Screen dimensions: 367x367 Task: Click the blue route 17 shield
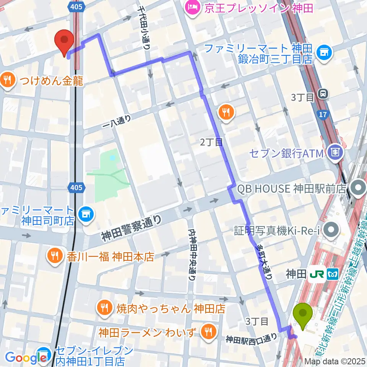(322, 114)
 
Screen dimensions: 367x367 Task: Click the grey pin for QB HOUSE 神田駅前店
(358, 188)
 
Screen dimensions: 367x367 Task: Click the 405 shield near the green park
(76, 187)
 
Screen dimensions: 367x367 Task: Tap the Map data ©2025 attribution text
(335, 361)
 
